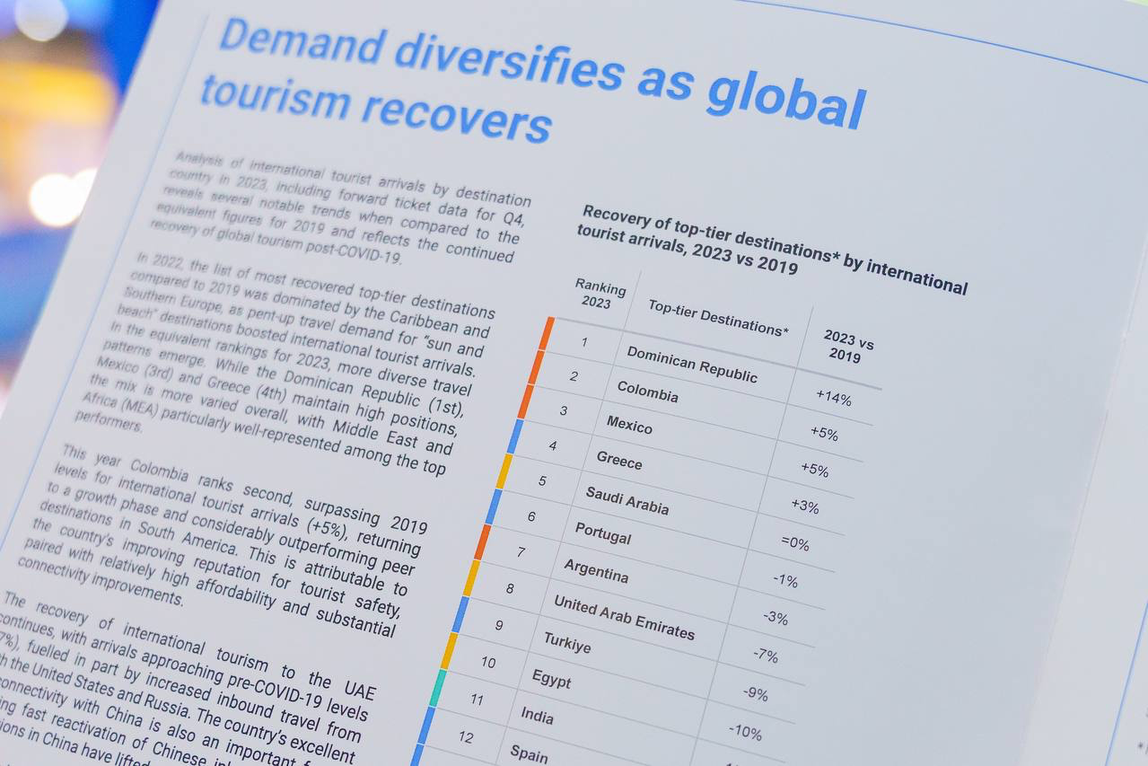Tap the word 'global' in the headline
(x=785, y=99)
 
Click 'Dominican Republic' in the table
(x=691, y=364)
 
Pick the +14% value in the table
(x=833, y=399)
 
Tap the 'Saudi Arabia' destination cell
(x=627, y=499)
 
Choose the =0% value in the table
(x=794, y=543)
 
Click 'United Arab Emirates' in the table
(x=624, y=617)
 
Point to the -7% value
(x=765, y=656)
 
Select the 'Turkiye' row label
(x=566, y=642)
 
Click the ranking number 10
(x=487, y=663)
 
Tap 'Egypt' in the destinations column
(x=551, y=679)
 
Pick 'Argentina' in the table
(x=596, y=570)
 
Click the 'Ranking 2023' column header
(x=599, y=295)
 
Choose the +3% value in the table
(x=804, y=506)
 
